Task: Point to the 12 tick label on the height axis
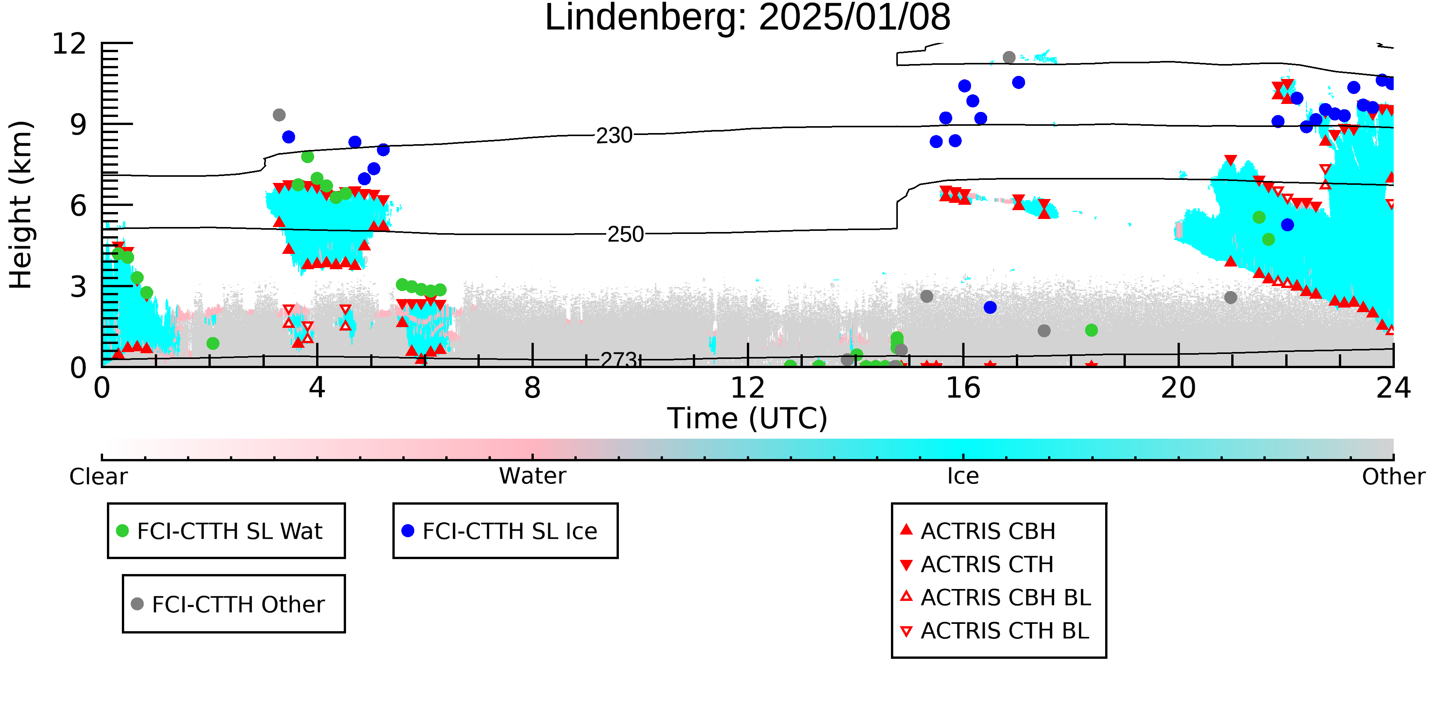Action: coord(69,44)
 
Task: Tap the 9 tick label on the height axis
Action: coord(78,125)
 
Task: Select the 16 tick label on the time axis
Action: coord(963,388)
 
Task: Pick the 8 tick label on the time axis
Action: coord(532,388)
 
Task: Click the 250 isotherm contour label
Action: coord(625,234)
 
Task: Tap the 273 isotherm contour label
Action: coord(618,360)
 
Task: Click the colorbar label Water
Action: coord(532,476)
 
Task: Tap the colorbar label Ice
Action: coord(963,476)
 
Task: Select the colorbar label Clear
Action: coord(98,477)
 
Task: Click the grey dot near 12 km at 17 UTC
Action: coord(1009,58)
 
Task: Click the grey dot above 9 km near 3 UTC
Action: coord(279,115)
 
